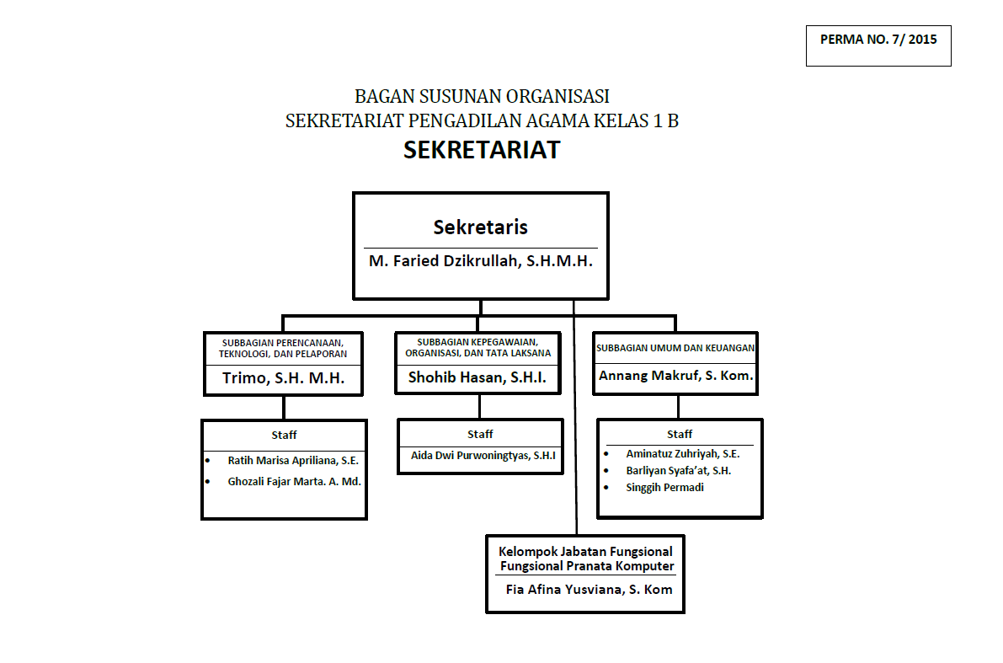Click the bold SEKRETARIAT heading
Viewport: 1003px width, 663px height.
point(482,150)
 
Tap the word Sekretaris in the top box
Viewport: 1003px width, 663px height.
point(481,227)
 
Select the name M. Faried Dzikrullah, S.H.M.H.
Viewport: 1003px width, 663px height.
point(481,261)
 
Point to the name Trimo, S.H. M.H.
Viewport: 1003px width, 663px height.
point(284,378)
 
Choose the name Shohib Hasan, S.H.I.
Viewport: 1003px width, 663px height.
point(477,378)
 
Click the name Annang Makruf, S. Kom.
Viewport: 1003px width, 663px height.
point(675,376)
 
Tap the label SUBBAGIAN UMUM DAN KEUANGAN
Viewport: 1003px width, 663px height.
point(675,347)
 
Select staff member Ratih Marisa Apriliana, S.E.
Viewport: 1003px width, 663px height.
point(294,461)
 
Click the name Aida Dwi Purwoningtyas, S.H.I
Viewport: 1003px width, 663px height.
point(483,456)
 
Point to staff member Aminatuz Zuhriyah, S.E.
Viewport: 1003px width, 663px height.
point(683,453)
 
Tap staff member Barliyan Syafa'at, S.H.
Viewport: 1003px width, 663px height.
point(679,471)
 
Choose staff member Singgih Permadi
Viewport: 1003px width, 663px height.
point(664,488)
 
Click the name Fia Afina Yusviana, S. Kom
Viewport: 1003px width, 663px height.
point(589,590)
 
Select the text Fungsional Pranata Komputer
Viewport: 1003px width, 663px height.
point(587,566)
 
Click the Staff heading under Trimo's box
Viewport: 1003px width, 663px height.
point(284,435)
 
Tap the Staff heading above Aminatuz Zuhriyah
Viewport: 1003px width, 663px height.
point(680,434)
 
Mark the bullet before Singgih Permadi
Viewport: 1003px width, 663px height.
point(607,488)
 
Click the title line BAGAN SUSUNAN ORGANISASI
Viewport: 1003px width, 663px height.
point(482,96)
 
